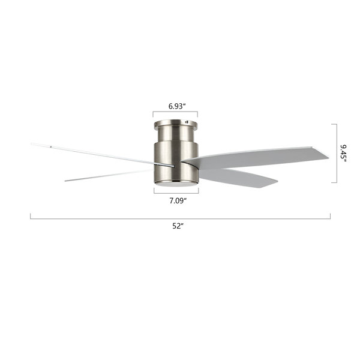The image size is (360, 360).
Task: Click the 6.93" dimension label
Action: [177, 106]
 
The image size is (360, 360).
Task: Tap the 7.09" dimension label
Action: [178, 201]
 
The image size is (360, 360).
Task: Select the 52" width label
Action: [178, 226]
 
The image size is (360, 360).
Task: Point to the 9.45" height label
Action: [343, 154]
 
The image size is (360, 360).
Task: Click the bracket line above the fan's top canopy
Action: [175, 112]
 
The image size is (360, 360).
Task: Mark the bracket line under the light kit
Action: [176, 193]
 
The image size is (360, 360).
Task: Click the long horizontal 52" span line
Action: [180, 218]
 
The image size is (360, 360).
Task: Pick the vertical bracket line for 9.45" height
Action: [337, 154]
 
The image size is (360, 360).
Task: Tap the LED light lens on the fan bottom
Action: [176, 184]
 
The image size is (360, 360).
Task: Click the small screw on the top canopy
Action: [187, 122]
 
